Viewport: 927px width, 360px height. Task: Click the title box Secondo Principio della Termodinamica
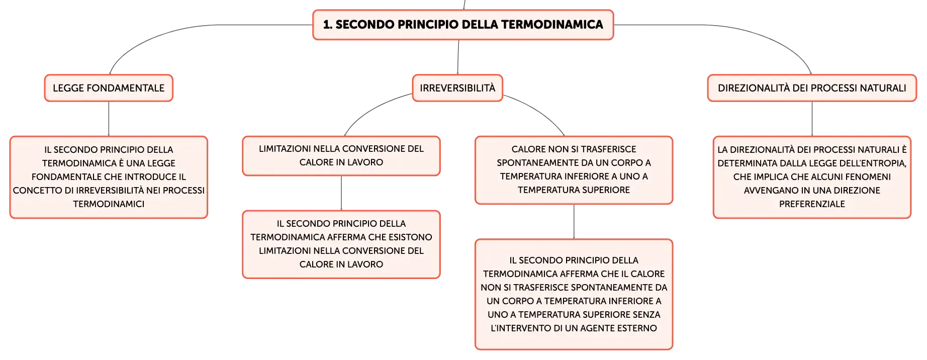(x=463, y=25)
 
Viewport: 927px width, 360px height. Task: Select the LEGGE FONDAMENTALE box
(x=109, y=88)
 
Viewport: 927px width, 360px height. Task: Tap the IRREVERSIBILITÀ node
(x=457, y=88)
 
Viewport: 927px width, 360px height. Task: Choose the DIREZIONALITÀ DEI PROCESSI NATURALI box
(x=812, y=88)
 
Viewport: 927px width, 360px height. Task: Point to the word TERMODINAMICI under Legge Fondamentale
(x=109, y=204)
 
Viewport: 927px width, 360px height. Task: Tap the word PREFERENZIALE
(x=812, y=204)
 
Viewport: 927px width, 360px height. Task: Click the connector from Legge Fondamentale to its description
(x=109, y=119)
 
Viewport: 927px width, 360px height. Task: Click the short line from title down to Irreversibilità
(x=458, y=57)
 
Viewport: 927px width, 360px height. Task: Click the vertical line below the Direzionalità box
(x=812, y=119)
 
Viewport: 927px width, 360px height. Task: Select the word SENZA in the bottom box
(x=647, y=315)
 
